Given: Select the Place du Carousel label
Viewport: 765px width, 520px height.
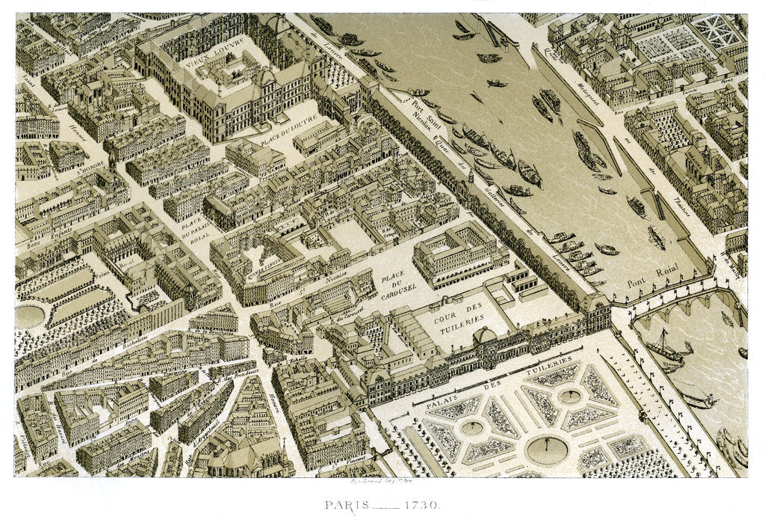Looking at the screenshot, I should click(x=391, y=287).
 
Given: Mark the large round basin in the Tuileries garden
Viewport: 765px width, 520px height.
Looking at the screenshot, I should click(x=546, y=449).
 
